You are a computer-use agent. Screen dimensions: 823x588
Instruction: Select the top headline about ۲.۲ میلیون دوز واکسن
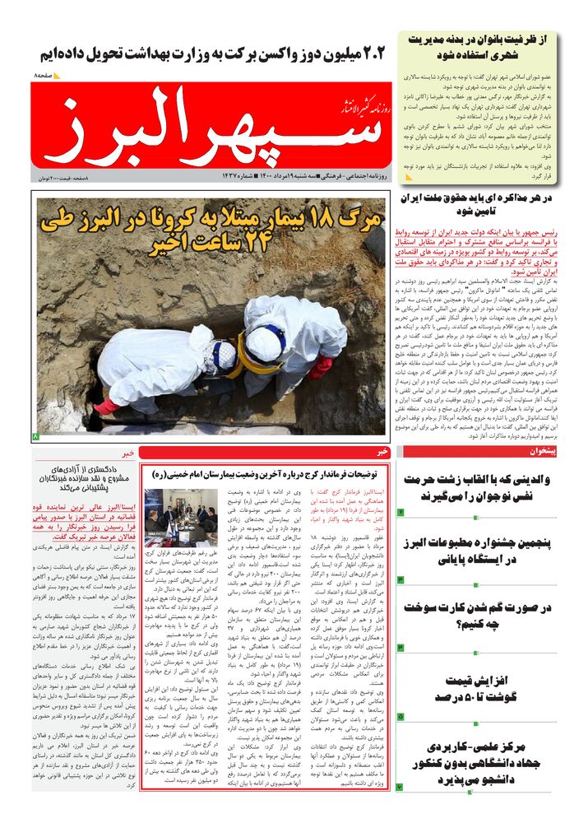tap(212, 53)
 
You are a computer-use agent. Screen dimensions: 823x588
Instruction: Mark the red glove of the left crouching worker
tap(107, 406)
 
